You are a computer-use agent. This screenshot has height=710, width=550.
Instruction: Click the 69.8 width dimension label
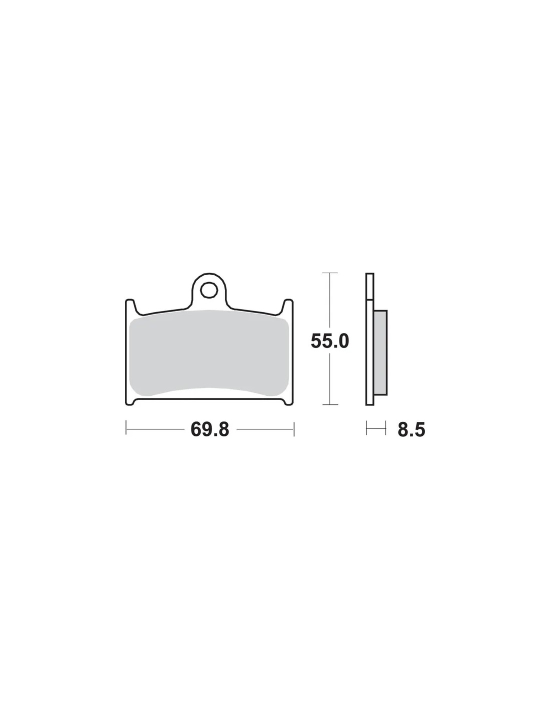209,429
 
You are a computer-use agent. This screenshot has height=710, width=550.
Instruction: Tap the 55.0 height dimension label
330,341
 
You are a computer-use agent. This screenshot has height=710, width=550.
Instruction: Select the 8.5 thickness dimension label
411,429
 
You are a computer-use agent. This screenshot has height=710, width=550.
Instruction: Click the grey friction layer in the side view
380,353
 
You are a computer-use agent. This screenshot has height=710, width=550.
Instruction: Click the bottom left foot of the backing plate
130,401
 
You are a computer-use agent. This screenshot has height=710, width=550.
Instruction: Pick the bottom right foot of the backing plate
288,401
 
